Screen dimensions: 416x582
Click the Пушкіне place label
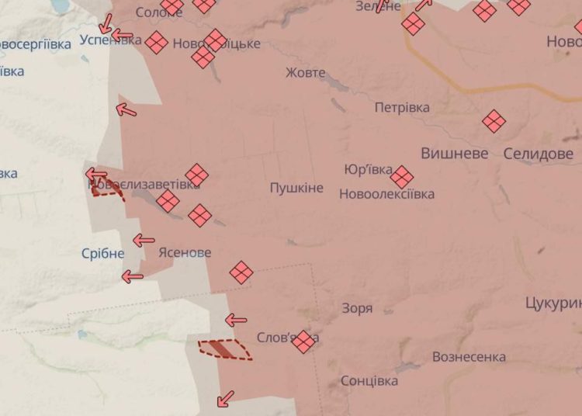point(296,188)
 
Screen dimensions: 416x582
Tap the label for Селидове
point(538,154)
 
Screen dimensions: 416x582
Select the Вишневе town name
point(455,154)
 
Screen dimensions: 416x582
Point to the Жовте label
point(305,73)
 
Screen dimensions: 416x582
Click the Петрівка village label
point(402,107)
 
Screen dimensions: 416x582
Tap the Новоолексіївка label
point(386,194)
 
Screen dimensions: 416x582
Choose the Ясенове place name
point(184,252)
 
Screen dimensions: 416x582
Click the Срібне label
point(102,254)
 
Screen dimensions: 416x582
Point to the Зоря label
point(357,308)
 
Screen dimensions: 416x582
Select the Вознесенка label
point(469,357)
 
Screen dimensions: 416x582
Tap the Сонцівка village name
point(369,381)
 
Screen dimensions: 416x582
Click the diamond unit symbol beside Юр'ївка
point(402,177)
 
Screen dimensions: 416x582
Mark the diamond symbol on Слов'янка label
point(303,341)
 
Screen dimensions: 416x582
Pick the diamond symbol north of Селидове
point(494,121)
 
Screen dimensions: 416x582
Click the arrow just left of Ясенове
point(144,241)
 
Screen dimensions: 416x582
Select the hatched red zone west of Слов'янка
point(225,350)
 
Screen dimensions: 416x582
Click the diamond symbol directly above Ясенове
point(200,215)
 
